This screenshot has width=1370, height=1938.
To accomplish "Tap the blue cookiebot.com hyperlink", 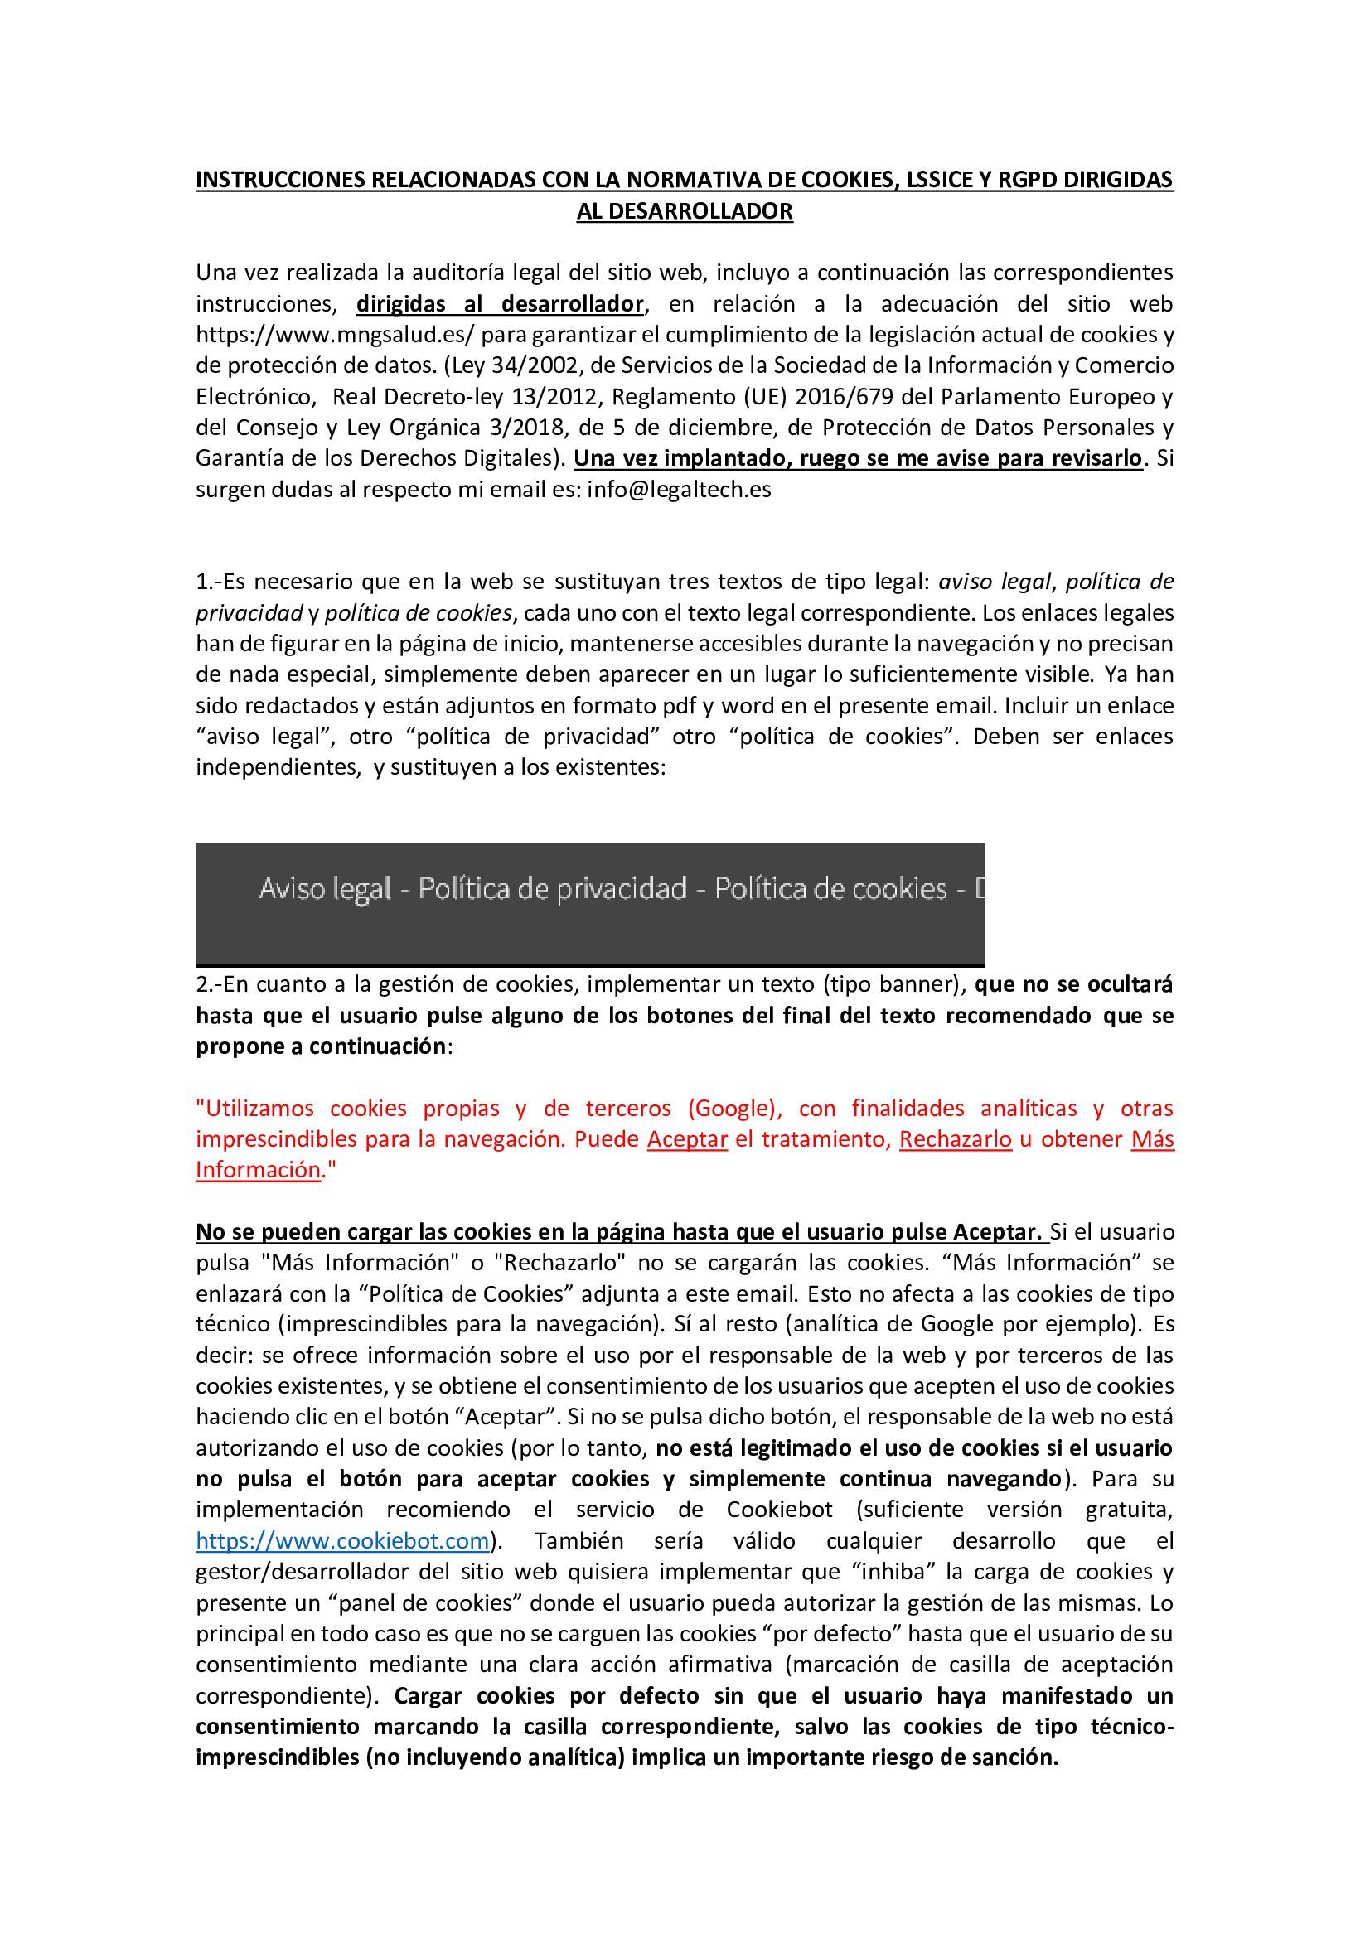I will [343, 1540].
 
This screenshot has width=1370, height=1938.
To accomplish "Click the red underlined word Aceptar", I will [687, 1139].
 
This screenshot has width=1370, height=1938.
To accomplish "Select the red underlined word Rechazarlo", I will [955, 1139].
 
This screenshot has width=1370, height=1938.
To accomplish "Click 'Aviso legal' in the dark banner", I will [325, 889].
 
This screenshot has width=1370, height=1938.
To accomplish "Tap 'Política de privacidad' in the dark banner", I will [552, 889].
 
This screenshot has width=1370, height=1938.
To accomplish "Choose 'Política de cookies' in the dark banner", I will [830, 889].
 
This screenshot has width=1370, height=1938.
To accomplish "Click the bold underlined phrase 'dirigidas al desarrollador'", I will [500, 304].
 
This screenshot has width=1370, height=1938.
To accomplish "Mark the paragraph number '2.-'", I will [210, 984].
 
